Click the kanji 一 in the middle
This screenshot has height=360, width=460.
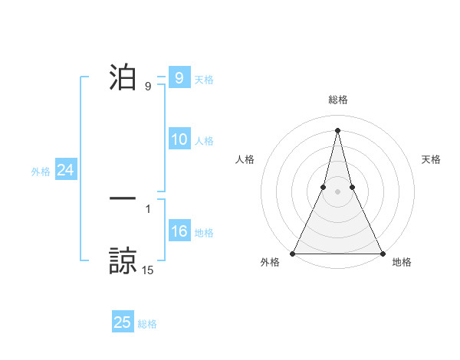(123, 198)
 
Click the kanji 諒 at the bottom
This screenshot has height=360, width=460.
(123, 261)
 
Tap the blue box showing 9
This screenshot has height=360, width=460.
(179, 78)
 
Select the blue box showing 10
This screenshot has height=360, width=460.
(179, 139)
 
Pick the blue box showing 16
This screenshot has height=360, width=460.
(179, 231)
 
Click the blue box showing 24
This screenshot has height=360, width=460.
(66, 170)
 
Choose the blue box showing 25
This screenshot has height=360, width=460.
(123, 322)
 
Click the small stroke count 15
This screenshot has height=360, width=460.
(148, 270)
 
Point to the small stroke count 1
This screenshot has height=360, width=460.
(148, 208)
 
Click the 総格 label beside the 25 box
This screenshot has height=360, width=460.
(147, 324)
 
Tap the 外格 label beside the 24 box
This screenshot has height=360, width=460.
(41, 172)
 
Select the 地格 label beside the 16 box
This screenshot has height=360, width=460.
(204, 233)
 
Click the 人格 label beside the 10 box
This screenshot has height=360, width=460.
(204, 141)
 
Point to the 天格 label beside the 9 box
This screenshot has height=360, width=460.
(204, 80)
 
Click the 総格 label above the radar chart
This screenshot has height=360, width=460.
(337, 100)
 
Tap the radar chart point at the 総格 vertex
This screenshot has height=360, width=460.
(337, 129)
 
